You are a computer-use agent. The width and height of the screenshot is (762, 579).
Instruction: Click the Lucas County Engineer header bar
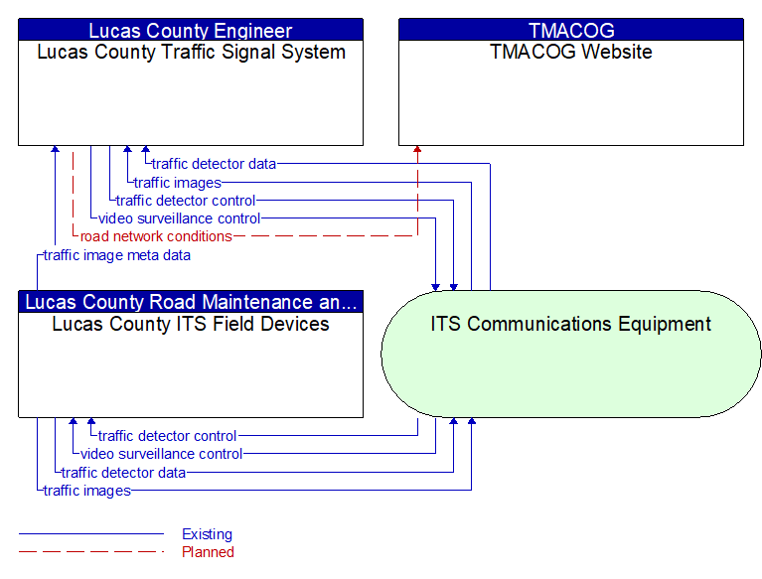(191, 30)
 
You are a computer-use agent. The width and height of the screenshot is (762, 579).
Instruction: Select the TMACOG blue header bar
(571, 30)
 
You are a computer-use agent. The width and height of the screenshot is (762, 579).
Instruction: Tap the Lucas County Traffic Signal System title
(191, 52)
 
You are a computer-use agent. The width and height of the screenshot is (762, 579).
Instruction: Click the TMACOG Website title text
(571, 52)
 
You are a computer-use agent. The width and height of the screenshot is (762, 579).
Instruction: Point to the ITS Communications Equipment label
(571, 324)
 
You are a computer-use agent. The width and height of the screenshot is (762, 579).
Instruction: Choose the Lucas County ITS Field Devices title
(191, 324)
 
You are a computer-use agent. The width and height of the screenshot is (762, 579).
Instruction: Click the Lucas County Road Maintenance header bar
(191, 302)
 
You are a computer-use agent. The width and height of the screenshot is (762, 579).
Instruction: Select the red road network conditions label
(156, 236)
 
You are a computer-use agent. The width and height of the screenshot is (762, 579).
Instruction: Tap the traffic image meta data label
(117, 255)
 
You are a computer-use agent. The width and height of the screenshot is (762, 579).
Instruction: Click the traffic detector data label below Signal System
(214, 164)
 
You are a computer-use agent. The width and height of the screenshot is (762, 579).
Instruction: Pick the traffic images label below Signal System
(178, 183)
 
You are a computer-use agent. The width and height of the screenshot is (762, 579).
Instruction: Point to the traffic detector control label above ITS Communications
(186, 201)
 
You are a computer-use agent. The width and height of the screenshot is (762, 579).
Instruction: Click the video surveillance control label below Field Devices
(161, 454)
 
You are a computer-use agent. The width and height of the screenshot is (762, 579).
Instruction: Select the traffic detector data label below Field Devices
(123, 473)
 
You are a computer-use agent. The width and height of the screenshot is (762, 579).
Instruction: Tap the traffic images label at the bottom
(87, 491)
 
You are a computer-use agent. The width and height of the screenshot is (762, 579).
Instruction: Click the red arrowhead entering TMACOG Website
(417, 149)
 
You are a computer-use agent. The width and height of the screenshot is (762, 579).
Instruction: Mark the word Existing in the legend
(207, 534)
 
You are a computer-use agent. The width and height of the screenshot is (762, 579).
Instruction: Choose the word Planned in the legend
(208, 552)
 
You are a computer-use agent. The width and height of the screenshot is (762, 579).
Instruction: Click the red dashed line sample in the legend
(91, 552)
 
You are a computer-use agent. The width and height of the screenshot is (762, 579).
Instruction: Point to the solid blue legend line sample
(91, 534)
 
